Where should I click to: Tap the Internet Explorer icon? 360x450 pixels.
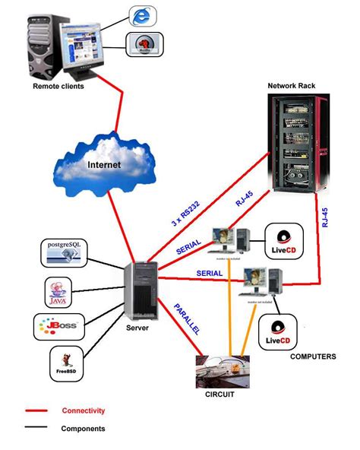click(141, 15)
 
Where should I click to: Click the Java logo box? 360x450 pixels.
click(58, 291)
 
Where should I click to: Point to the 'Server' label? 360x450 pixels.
click(137, 328)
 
